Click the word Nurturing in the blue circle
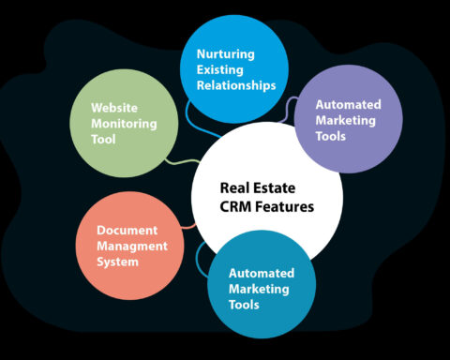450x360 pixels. pyautogui.click(x=225, y=54)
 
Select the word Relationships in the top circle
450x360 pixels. pyautogui.click(x=235, y=86)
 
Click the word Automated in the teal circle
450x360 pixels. pyautogui.click(x=262, y=273)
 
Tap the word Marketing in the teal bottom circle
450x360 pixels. pyautogui.click(x=261, y=289)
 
